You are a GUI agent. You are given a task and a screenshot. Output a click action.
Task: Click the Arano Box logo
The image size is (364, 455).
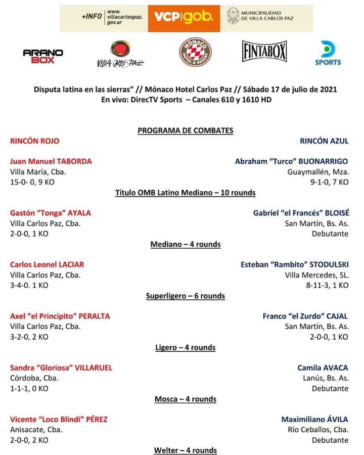pos(43,56)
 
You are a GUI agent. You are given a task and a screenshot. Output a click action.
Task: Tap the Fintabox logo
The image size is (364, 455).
pos(264,52)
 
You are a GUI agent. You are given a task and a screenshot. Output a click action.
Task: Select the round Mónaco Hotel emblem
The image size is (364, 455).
pos(195,52)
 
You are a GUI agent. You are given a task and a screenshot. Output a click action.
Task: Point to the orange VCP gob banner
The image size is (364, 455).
pos(184,18)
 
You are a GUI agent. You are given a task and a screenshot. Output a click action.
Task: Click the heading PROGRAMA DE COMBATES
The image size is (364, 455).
pos(186,130)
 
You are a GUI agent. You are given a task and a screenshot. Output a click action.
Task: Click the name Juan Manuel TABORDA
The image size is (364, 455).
pos(51,161)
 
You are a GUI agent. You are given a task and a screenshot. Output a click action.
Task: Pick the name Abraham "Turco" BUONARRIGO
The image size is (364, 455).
pos(291,161)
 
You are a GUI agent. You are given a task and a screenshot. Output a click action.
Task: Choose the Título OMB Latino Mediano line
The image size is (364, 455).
pos(186,193)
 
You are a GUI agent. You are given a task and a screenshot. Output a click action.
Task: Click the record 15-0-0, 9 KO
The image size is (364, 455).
pos(32,182)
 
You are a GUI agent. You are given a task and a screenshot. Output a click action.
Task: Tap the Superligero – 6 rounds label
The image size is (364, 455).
pos(186,296)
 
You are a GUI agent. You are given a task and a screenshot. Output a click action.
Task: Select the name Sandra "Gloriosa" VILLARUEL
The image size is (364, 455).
pos(61,368)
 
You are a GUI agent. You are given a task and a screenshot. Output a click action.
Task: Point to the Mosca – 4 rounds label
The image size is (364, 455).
pos(186,399)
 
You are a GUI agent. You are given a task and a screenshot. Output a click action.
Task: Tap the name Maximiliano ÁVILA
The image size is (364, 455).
pos(314,419)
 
